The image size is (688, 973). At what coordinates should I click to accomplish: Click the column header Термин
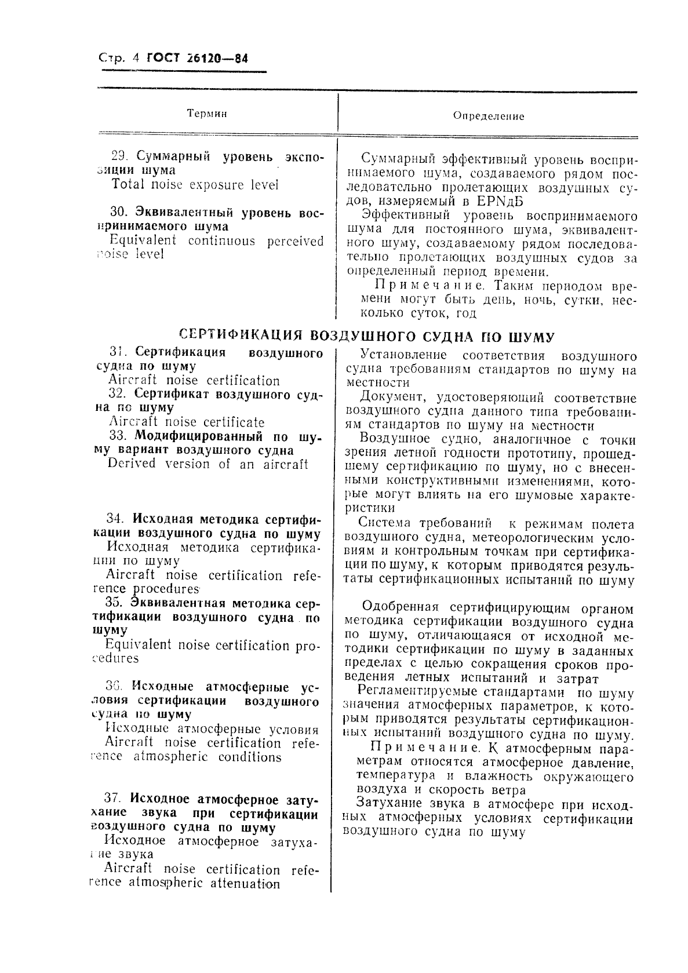point(207,114)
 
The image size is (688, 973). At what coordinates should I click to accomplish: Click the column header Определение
point(488,116)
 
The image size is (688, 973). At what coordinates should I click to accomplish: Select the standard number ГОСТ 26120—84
point(198,58)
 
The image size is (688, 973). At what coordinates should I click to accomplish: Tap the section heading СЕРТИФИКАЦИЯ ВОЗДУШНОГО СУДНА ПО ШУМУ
point(366,337)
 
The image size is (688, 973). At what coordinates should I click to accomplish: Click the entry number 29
point(119,156)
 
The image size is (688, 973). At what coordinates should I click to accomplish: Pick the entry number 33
point(118,436)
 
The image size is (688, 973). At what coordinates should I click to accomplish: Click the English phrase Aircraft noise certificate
point(186,422)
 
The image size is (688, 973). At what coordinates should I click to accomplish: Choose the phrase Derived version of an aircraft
point(208,464)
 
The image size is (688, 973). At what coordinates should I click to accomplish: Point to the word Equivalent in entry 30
point(143,240)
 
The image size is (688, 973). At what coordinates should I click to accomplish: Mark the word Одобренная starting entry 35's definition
point(400,607)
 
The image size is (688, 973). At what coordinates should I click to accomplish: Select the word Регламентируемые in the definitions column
point(417,691)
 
